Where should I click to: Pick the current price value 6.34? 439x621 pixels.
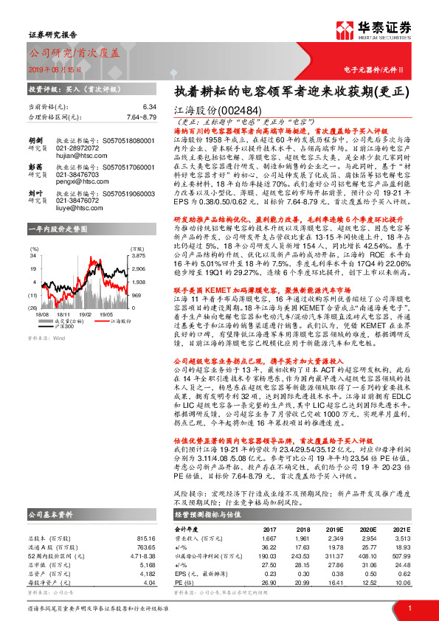click(151, 108)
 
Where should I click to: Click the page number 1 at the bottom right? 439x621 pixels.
click(409, 607)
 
